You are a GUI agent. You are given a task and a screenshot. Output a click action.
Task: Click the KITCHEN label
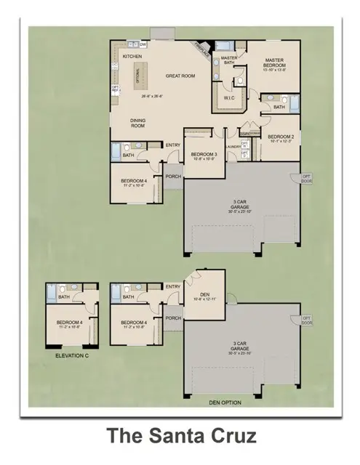point(132,56)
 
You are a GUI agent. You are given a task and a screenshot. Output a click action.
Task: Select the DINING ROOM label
point(138,124)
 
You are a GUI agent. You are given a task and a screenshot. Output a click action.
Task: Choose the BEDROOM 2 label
point(280,137)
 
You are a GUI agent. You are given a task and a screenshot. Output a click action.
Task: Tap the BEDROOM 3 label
point(203,154)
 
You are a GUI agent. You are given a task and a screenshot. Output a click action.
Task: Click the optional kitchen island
point(140,75)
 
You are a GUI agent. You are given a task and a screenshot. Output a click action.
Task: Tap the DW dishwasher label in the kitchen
point(143,45)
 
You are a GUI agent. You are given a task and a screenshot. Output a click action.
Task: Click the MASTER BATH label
point(229,60)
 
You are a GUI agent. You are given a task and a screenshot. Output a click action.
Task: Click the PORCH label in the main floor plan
point(173,176)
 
